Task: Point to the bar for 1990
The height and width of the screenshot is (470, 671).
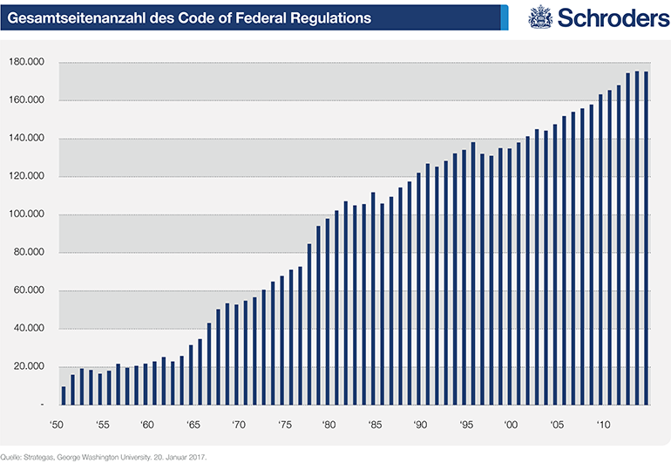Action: (418, 289)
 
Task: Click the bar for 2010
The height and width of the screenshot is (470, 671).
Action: (600, 249)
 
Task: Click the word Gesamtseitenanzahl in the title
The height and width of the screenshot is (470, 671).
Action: (71, 17)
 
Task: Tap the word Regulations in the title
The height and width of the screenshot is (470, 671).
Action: (328, 17)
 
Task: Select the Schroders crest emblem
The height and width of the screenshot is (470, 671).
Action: (541, 17)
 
